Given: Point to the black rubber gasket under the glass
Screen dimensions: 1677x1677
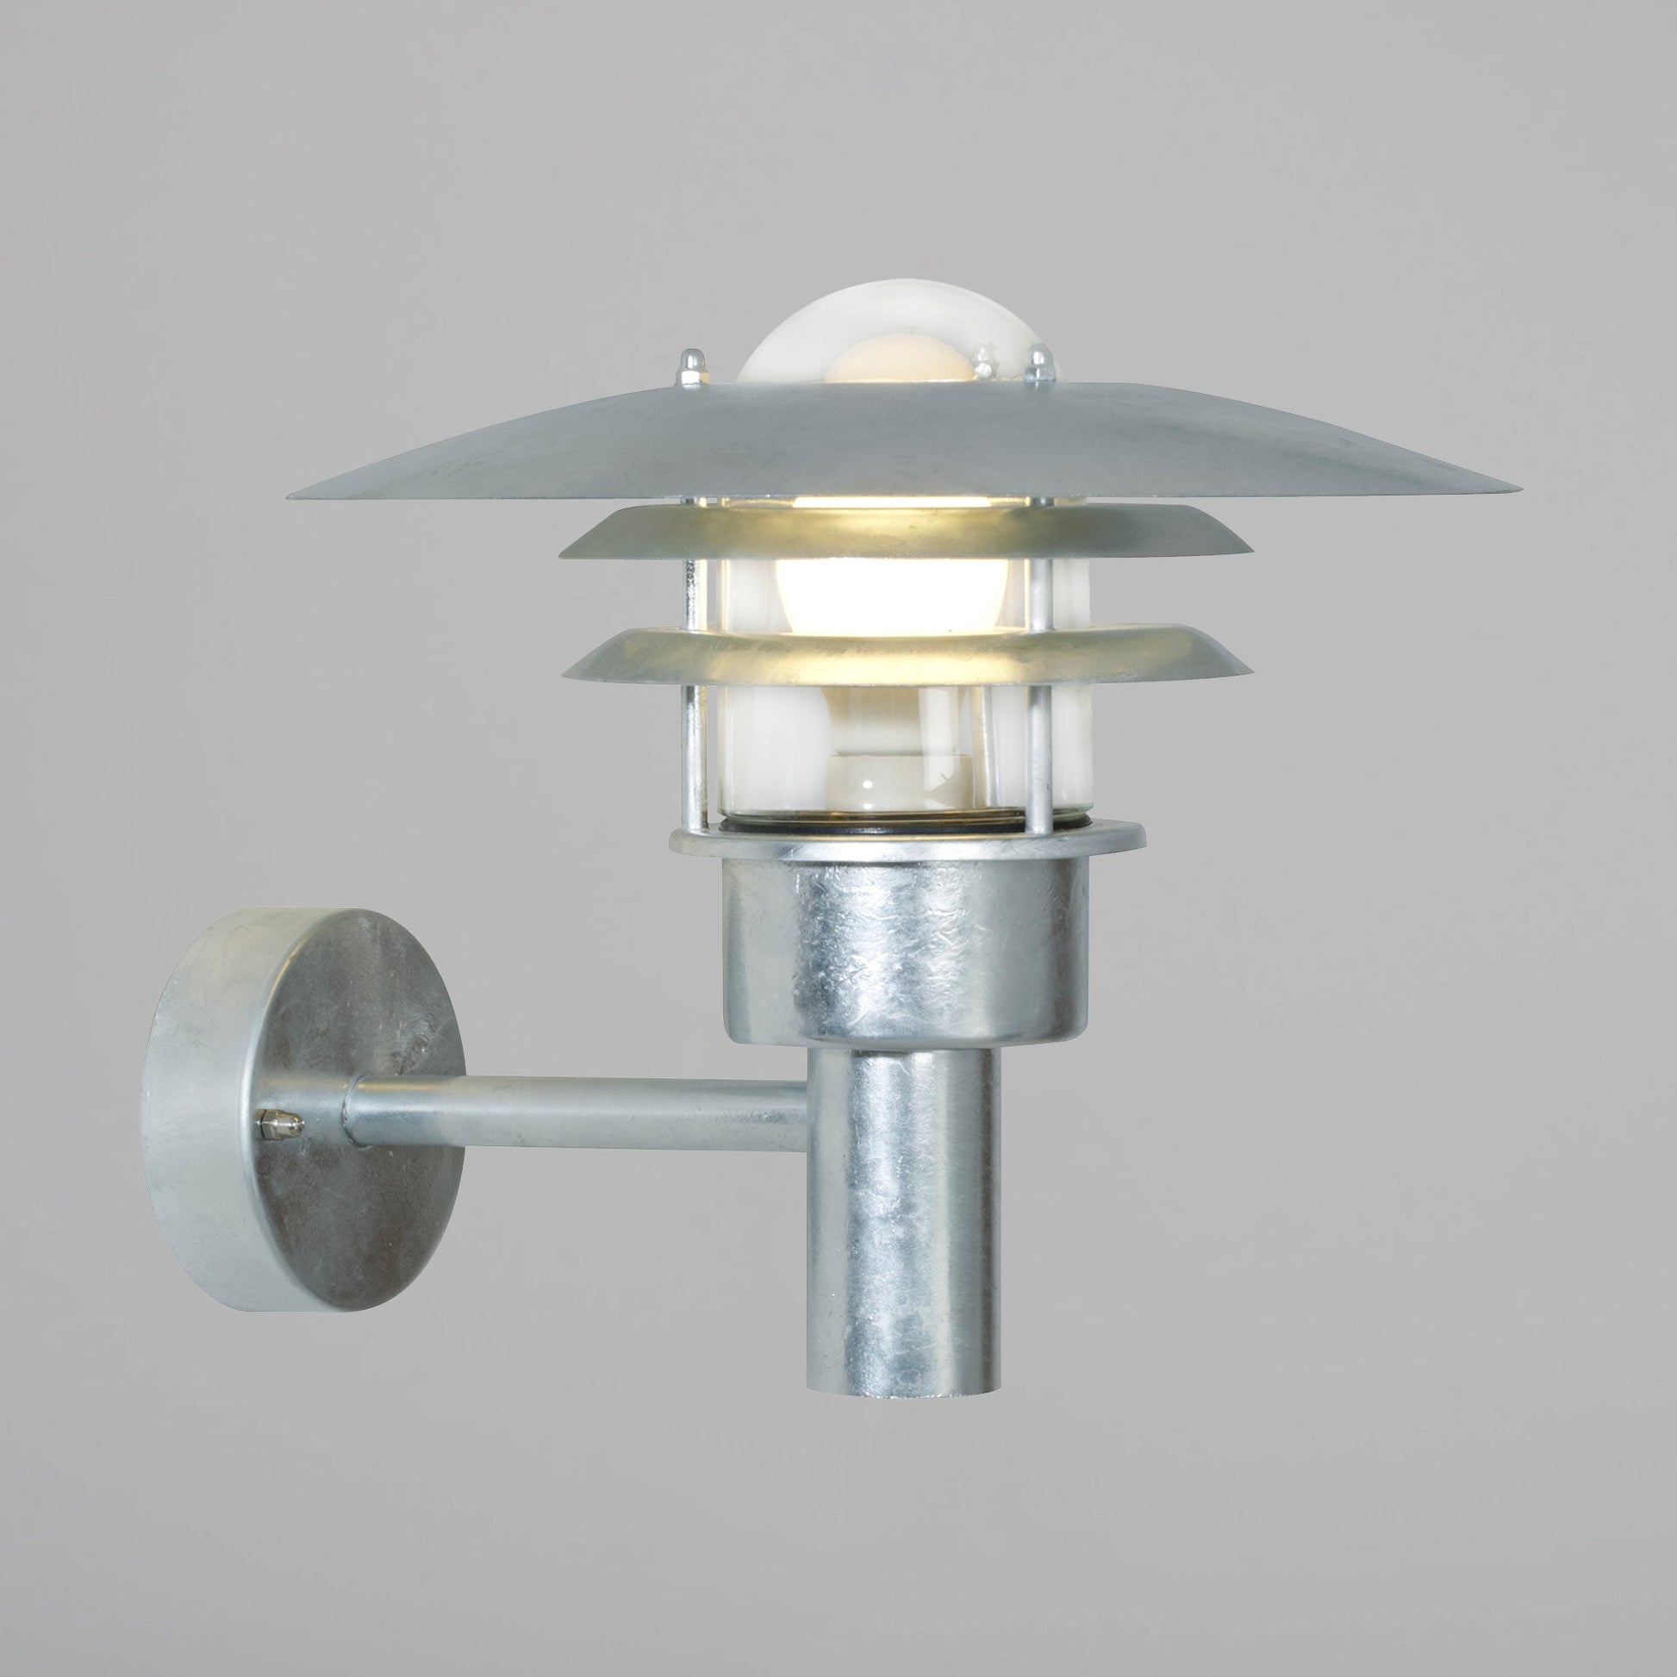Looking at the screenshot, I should [x=903, y=829].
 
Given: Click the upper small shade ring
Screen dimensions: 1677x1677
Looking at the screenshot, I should [x=907, y=531].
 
